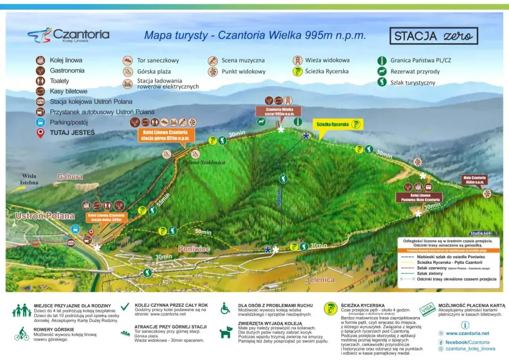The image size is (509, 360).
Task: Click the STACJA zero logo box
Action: [434, 36]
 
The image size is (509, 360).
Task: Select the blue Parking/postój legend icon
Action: [41, 122]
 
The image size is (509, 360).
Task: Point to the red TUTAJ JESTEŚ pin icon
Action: [41, 133]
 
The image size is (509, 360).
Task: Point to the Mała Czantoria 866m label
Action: [474, 180]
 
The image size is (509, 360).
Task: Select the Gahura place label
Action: [70, 177]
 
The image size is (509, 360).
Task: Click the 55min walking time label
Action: [162, 200]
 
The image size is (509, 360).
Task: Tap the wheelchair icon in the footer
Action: [226, 308]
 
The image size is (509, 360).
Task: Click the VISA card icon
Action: [428, 309]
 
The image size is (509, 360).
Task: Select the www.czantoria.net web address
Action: [467, 333]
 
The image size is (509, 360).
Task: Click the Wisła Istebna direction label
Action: [29, 179]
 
